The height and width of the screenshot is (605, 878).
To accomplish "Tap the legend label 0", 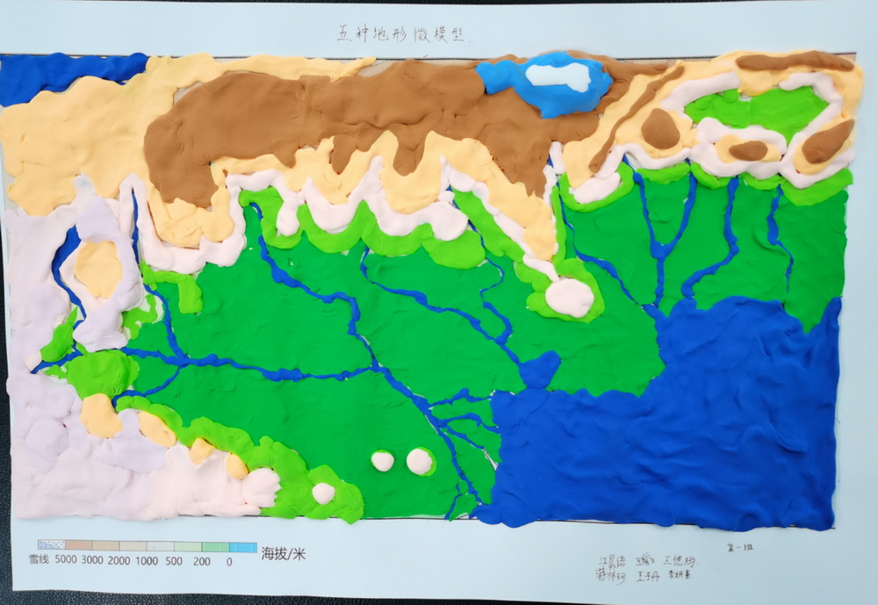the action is [x=229, y=559].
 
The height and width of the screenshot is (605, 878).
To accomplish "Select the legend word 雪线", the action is [x=41, y=559].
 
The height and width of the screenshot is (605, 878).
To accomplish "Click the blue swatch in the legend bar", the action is [x=242, y=546].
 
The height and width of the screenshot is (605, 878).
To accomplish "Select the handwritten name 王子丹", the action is [x=649, y=577].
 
